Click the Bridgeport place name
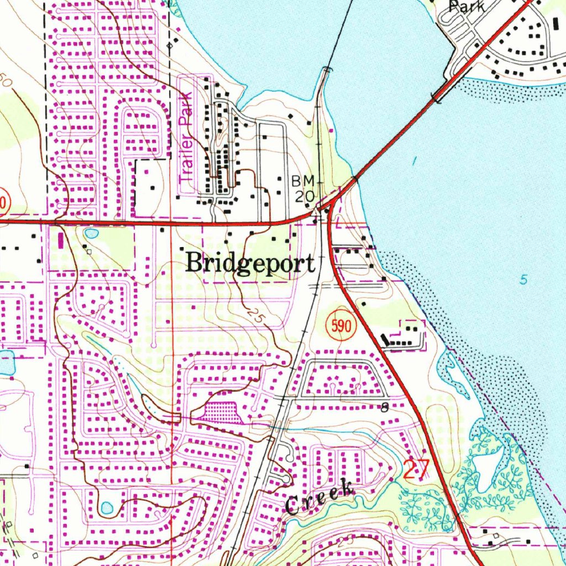250,262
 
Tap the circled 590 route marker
340,327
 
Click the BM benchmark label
303,181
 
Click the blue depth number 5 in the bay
523,280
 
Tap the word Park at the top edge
467,7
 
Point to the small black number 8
384,408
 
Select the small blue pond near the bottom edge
107,507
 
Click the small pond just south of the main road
91,233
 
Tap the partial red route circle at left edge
3,202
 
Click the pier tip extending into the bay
328,70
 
